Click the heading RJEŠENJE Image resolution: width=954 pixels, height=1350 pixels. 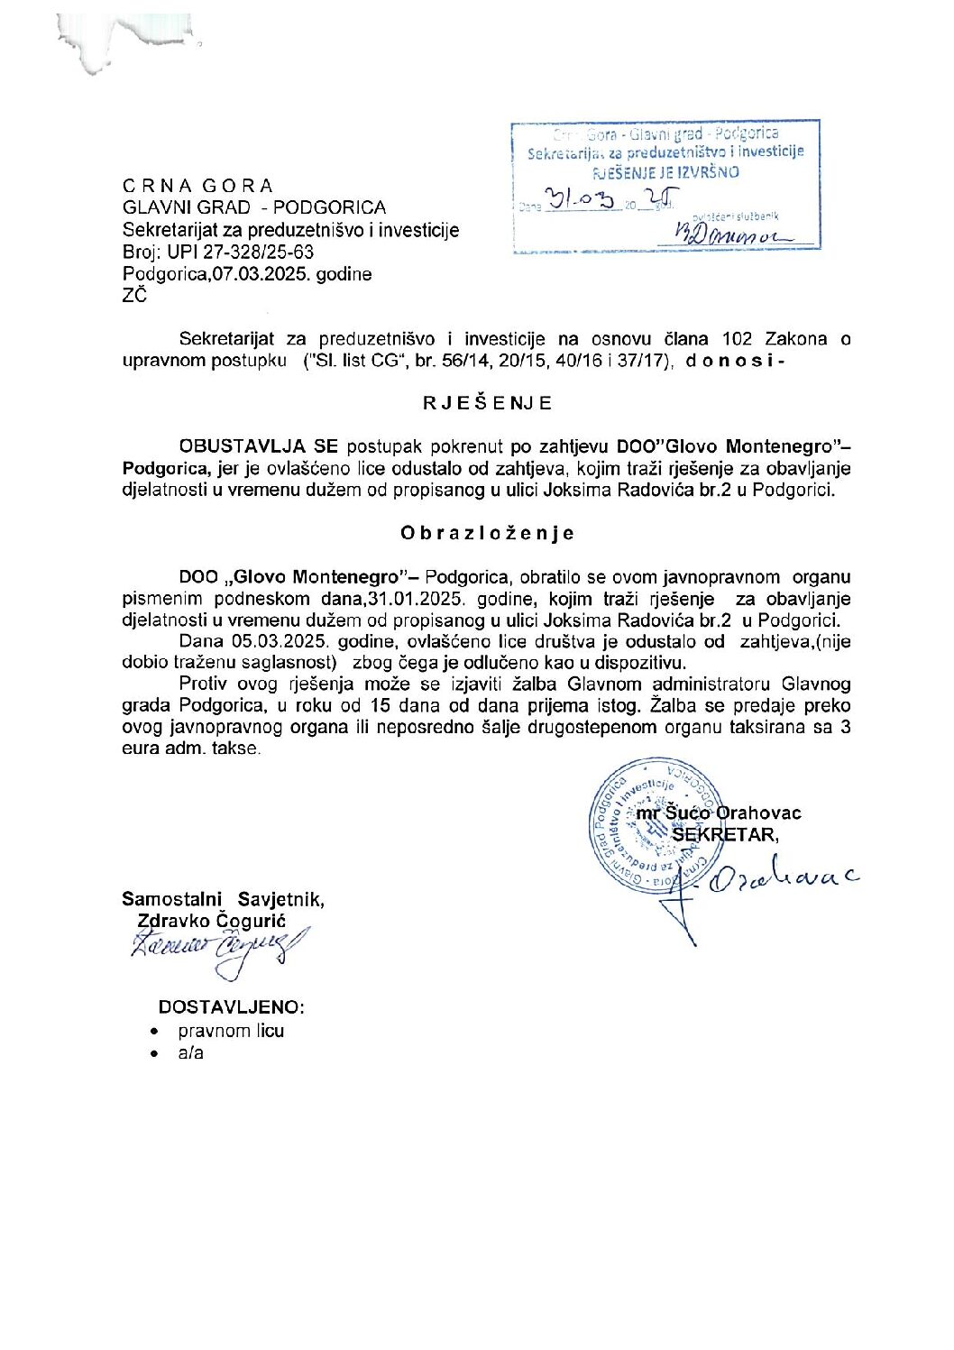click(x=487, y=403)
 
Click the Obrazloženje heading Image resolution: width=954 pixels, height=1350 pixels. click(x=487, y=533)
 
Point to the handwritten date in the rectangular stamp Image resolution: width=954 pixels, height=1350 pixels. click(x=596, y=199)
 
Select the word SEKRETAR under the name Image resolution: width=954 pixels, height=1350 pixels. click(x=724, y=834)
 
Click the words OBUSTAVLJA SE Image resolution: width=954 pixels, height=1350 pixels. click(x=258, y=446)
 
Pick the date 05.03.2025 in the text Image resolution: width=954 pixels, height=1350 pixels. click(x=280, y=641)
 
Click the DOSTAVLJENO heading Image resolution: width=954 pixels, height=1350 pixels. click(x=231, y=1006)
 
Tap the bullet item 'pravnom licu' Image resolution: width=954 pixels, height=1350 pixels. click(x=231, y=1031)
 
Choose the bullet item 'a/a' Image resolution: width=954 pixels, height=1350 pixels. click(x=190, y=1052)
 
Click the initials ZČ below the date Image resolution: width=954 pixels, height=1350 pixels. click(x=134, y=295)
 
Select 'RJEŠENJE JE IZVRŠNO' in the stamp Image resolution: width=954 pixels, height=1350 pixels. click(x=665, y=172)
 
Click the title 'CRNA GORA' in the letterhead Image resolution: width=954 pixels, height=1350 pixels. click(x=197, y=186)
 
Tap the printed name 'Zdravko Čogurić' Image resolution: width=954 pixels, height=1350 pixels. click(x=211, y=921)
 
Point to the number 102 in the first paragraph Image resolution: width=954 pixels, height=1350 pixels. click(x=737, y=339)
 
